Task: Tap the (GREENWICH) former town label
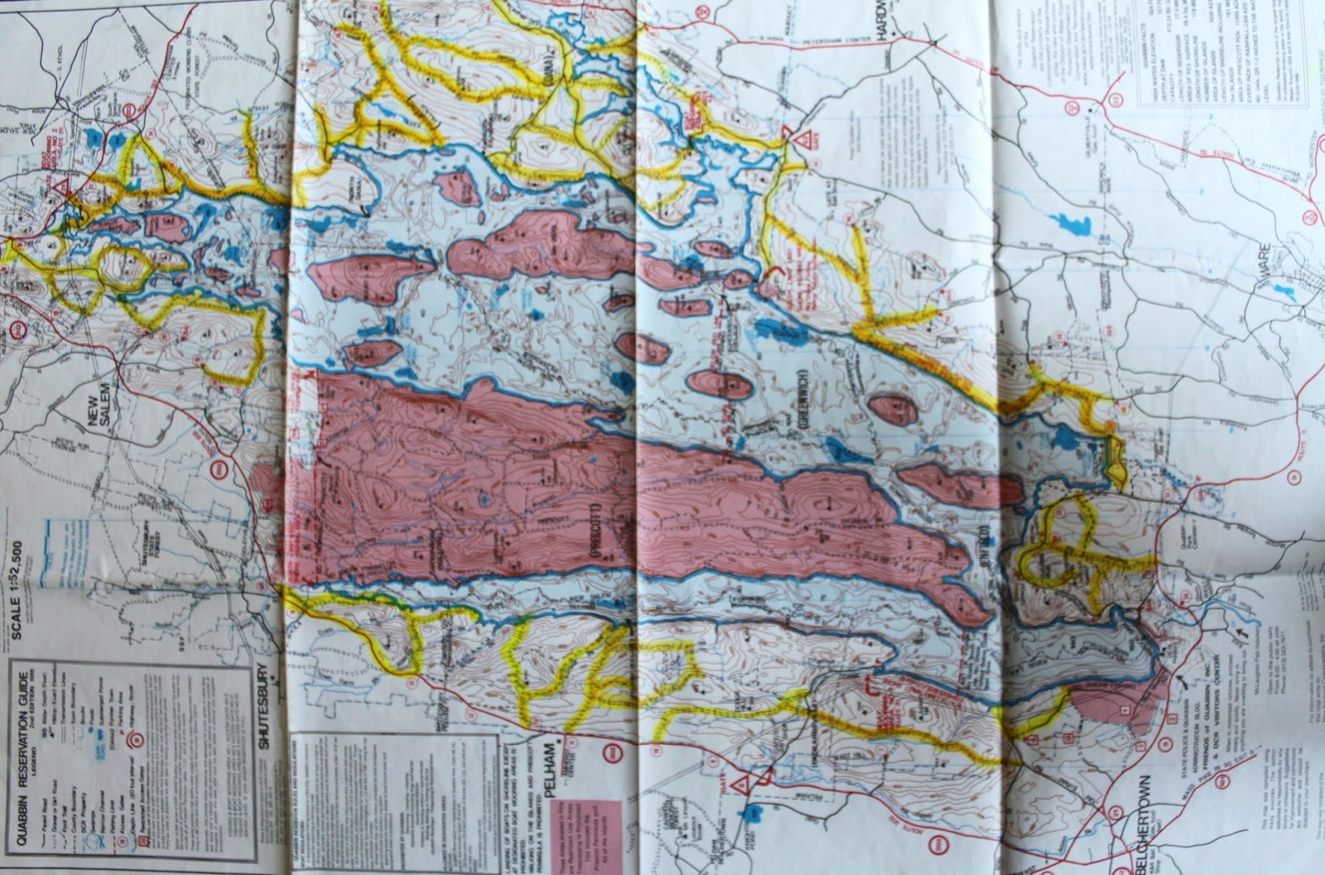803,391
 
